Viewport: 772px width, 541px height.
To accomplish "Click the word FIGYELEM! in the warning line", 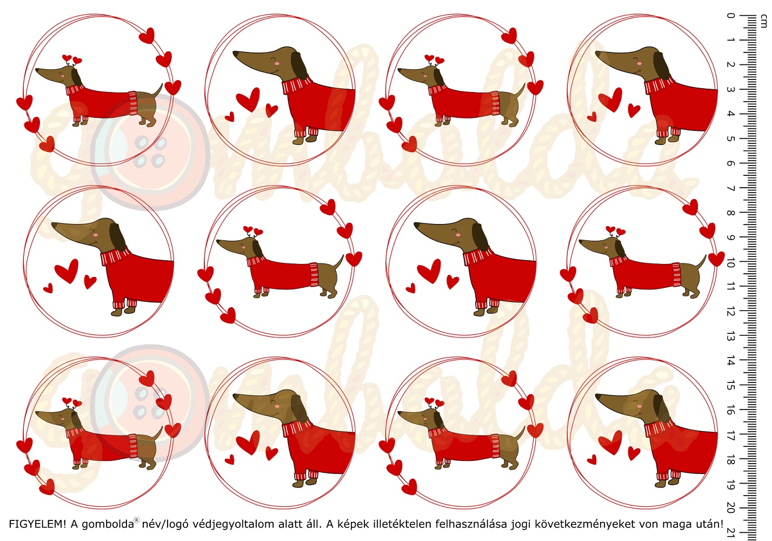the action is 37,524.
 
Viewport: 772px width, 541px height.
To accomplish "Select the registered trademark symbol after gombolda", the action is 137,520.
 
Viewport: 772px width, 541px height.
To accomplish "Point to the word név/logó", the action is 165,524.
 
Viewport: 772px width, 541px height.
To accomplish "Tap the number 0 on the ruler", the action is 730,16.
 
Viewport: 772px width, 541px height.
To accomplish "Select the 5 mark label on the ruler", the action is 730,138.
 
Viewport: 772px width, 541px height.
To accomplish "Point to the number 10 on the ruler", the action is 730,264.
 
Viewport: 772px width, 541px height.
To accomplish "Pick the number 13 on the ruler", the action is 730,337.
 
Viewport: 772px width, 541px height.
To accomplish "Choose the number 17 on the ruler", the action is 730,436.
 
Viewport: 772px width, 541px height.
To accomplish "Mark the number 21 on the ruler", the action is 730,533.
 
